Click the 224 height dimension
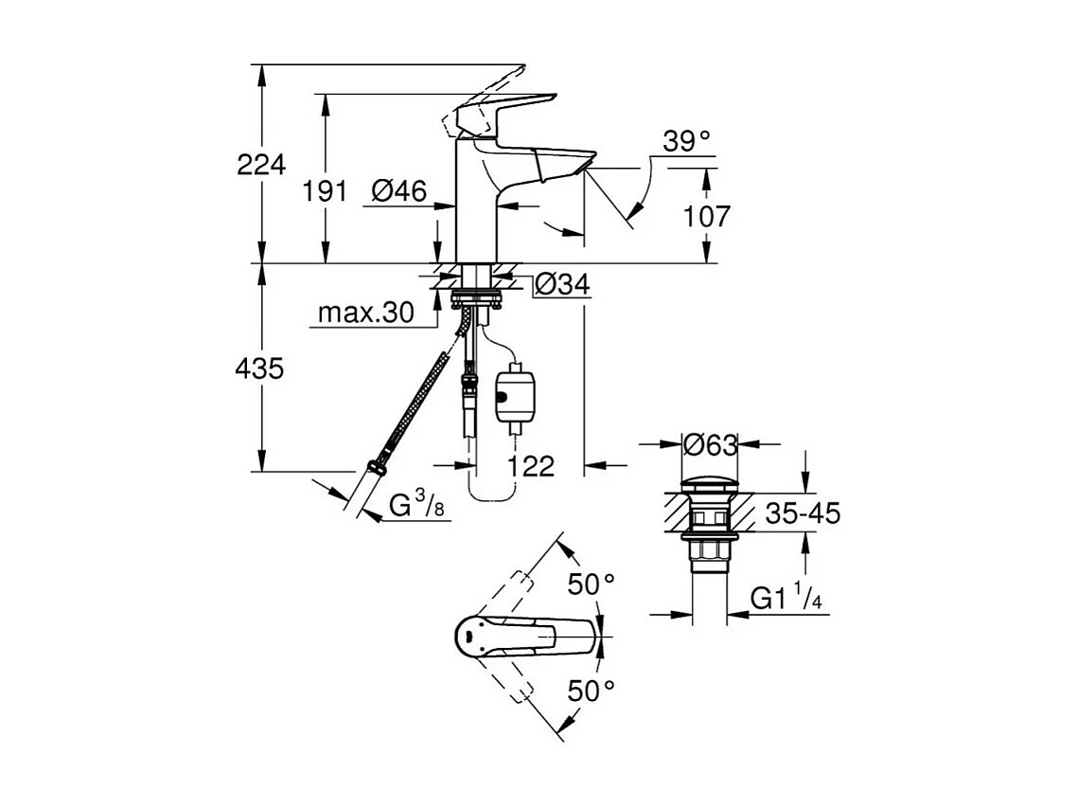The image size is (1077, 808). click(260, 165)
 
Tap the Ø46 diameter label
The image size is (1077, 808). click(398, 191)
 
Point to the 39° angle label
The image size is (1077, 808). click(686, 142)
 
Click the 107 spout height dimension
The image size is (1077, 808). click(707, 216)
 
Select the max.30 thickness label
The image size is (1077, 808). click(365, 313)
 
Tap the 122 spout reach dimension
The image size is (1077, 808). click(530, 465)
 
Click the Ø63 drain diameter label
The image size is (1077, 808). click(710, 443)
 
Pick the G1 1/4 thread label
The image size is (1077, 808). click(785, 598)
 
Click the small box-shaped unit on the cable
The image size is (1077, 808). click(514, 394)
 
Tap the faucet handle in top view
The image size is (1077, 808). click(511, 637)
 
